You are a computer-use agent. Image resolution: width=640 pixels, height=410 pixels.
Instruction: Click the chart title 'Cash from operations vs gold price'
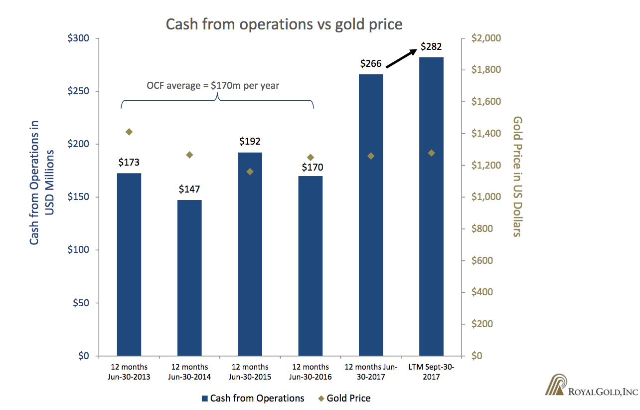coord(284,24)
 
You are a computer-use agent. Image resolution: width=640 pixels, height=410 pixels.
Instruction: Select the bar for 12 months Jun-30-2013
coord(129,264)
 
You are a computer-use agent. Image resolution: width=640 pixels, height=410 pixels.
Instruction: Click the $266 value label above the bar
coord(371,63)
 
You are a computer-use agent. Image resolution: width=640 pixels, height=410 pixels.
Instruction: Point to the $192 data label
coord(250,141)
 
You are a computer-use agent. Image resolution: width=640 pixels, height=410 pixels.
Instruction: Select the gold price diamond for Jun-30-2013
coord(129,132)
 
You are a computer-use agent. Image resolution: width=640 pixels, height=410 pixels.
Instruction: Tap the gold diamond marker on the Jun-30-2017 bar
coord(371,156)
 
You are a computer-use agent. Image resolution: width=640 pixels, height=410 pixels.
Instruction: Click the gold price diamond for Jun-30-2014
coord(189,155)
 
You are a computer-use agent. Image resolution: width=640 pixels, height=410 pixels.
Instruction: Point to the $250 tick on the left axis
coord(80,91)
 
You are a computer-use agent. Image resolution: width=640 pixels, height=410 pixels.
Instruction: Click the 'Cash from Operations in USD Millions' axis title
coord(41,182)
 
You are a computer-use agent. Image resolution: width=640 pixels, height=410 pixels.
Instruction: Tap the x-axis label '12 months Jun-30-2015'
coord(250,372)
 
